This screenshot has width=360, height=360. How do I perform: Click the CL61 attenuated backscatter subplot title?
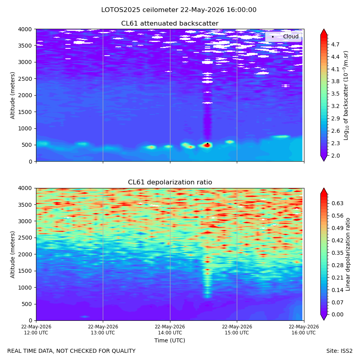(x=170, y=24)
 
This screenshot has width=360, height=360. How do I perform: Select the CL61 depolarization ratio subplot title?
(x=170, y=182)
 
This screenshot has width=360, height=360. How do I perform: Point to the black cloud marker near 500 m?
(x=208, y=144)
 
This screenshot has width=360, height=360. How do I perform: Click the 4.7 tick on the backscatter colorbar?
(x=335, y=44)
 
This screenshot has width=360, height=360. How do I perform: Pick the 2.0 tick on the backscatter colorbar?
(x=335, y=156)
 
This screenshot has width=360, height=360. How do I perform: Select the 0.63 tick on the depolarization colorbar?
(x=338, y=204)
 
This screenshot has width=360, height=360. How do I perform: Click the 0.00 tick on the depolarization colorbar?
(x=338, y=314)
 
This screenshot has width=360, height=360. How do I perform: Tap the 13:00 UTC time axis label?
(x=103, y=330)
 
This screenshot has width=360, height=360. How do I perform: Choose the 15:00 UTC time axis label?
(x=237, y=330)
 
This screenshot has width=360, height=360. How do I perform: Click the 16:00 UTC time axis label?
(x=304, y=330)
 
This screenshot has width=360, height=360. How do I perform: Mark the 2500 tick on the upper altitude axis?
(x=25, y=79)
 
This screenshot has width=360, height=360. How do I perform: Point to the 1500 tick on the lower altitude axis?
(x=25, y=271)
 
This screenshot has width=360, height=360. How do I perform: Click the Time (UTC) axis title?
(x=170, y=340)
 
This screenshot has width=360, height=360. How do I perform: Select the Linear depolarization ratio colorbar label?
(x=348, y=254)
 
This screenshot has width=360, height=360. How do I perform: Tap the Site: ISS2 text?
(x=339, y=351)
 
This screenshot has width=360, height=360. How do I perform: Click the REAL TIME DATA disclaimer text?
(x=72, y=351)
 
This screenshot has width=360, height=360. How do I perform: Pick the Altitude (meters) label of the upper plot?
(x=12, y=96)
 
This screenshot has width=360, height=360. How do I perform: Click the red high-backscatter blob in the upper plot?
(x=208, y=145)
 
